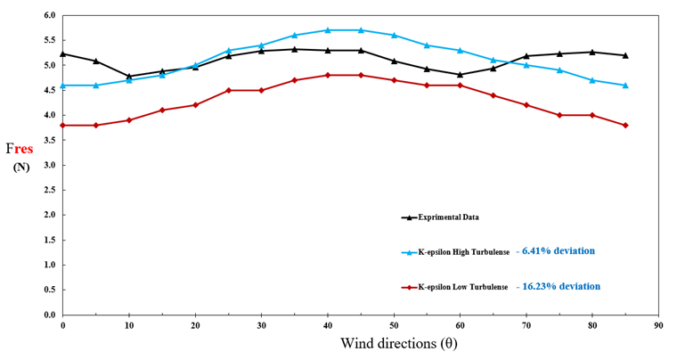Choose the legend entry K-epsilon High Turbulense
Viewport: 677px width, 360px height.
click(463, 252)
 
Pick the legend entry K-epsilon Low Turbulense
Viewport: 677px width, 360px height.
click(462, 287)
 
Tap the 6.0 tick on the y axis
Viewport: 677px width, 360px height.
click(49, 16)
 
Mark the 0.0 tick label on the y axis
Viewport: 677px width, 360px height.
click(49, 315)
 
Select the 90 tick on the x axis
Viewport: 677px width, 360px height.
click(658, 325)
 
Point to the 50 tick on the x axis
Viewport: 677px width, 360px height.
click(394, 325)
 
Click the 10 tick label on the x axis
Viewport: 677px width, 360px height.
click(129, 325)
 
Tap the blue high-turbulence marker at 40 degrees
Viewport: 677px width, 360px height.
click(328, 30)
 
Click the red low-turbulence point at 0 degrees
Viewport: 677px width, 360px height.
click(63, 125)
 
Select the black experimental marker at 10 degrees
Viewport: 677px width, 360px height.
click(129, 77)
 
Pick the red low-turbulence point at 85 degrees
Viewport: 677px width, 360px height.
click(625, 125)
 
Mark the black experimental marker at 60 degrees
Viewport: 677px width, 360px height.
click(460, 75)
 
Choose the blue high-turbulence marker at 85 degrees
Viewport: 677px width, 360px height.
click(625, 86)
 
